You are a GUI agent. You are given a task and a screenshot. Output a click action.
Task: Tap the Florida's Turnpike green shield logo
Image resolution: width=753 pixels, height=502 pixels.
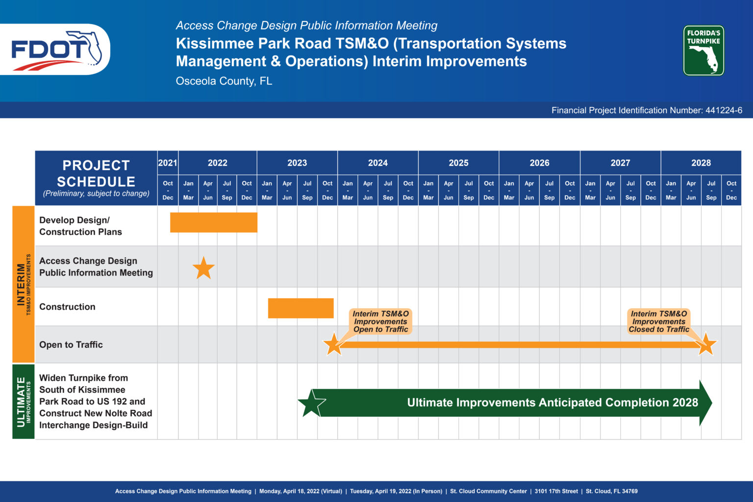pyautogui.click(x=703, y=50)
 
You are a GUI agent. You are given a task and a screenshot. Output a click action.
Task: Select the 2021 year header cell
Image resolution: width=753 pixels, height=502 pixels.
pyautogui.click(x=168, y=163)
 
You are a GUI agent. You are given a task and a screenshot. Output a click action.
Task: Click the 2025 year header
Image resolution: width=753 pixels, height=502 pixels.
pyautogui.click(x=458, y=163)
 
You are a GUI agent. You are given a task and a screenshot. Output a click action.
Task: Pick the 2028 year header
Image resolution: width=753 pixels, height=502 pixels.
pyautogui.click(x=701, y=163)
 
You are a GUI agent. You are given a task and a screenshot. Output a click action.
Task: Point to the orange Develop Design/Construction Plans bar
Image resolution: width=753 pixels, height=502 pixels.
pyautogui.click(x=214, y=222)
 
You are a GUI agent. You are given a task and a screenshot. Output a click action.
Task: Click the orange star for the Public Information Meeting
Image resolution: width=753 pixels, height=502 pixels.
pyautogui.click(x=203, y=268)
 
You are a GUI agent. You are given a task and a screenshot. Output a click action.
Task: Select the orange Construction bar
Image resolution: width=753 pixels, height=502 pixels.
pyautogui.click(x=301, y=308)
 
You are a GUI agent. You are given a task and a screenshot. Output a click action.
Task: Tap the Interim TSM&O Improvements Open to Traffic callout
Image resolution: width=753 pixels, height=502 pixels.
pyautogui.click(x=380, y=322)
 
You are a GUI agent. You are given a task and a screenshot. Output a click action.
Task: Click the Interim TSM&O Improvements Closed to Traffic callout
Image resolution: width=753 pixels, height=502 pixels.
pyautogui.click(x=658, y=322)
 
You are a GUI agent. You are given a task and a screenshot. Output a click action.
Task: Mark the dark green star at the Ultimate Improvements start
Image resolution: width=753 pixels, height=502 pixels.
pyautogui.click(x=311, y=403)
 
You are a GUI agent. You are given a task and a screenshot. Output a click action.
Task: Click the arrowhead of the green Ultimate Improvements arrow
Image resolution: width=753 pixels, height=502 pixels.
pyautogui.click(x=705, y=403)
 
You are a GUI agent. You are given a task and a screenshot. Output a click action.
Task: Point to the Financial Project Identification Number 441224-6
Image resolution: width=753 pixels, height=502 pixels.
pyautogui.click(x=647, y=110)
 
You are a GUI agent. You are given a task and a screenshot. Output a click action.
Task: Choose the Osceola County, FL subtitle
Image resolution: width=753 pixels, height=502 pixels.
pyautogui.click(x=224, y=81)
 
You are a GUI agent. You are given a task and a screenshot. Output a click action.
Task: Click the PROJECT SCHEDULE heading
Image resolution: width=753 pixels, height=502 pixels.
pyautogui.click(x=96, y=174)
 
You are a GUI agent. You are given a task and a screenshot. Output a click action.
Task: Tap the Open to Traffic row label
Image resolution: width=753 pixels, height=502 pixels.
pyautogui.click(x=71, y=345)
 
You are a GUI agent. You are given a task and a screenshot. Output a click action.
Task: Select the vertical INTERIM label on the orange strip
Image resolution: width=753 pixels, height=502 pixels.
pyautogui.click(x=21, y=284)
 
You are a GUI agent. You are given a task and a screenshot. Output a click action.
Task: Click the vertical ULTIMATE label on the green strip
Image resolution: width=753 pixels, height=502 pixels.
pyautogui.click(x=21, y=402)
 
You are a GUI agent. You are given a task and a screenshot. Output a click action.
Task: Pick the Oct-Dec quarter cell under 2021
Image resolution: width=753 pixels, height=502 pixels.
pyautogui.click(x=168, y=190)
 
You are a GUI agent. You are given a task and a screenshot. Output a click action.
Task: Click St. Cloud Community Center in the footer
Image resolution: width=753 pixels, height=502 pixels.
pyautogui.click(x=488, y=491)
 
